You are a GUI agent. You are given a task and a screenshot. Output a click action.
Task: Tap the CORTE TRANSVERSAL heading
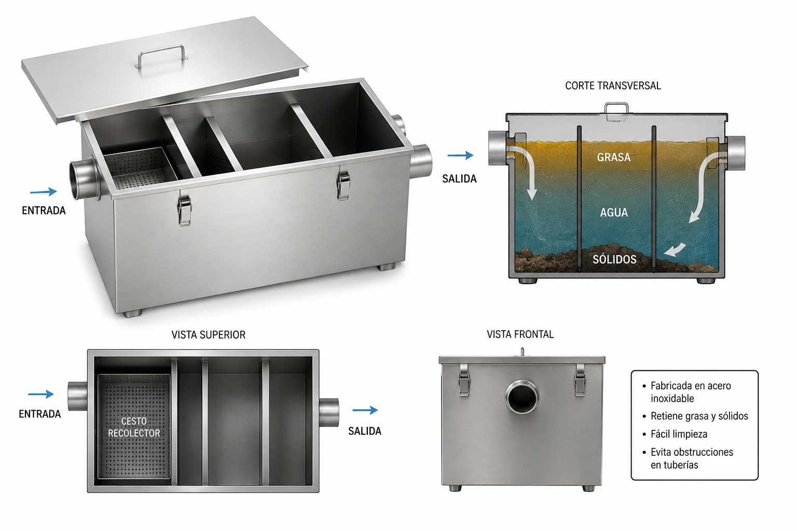(613, 86)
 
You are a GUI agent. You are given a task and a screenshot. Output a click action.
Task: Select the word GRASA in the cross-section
(613, 157)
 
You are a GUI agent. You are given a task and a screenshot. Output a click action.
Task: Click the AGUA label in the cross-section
(614, 213)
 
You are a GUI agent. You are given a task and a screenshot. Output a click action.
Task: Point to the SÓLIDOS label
(614, 259)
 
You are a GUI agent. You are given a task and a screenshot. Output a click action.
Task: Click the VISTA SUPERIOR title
(209, 335)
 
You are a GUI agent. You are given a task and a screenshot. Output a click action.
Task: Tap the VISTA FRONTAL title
(520, 334)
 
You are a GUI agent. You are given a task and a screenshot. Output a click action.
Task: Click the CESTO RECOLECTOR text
(134, 427)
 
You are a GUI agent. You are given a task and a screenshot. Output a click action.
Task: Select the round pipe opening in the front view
(522, 397)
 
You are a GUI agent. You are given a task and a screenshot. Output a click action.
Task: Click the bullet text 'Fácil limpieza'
(679, 434)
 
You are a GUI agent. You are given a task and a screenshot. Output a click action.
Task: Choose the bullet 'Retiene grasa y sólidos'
(699, 416)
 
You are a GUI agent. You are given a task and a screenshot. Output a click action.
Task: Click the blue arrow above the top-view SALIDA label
(365, 410)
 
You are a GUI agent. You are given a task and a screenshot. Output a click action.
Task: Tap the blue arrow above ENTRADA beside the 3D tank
(44, 192)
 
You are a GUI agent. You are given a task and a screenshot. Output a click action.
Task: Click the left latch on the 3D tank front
(185, 211)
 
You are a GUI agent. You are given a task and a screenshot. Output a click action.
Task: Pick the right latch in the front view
(580, 380)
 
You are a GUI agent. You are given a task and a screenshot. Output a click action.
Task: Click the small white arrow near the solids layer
(675, 249)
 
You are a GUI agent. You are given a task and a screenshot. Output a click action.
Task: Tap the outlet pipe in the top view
(328, 412)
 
